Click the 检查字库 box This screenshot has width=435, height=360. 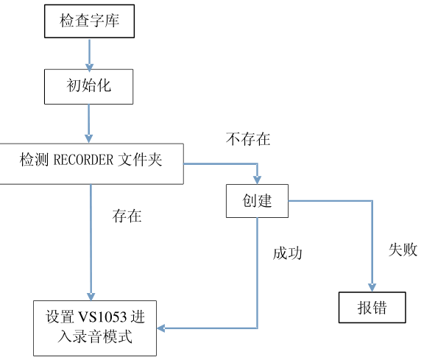pyautogui.click(x=89, y=21)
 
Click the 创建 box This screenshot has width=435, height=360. pyautogui.click(x=257, y=200)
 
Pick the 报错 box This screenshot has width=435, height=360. pyautogui.click(x=372, y=307)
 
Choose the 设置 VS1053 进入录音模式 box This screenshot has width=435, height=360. pyautogui.click(x=96, y=328)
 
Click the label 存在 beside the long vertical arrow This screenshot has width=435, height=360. pyautogui.click(x=127, y=216)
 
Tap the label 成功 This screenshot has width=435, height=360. pyautogui.click(x=288, y=253)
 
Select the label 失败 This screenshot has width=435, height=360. pyautogui.click(x=403, y=250)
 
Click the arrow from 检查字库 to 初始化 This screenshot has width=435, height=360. pyautogui.click(x=89, y=53)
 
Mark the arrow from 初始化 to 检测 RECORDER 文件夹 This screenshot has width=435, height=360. pyautogui.click(x=89, y=122)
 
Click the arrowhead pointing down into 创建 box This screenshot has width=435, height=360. pyautogui.click(x=257, y=179)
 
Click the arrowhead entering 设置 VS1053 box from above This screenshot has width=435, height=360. pyautogui.click(x=91, y=295)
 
